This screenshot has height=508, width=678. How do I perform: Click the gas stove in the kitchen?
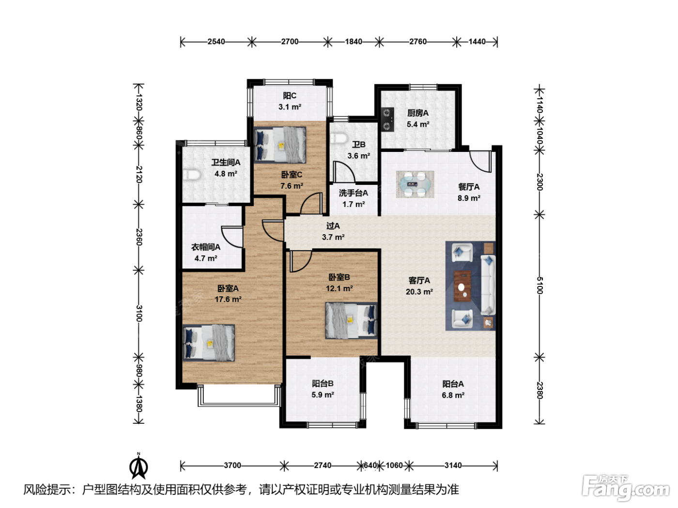387,120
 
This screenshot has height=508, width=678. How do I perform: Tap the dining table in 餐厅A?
415,184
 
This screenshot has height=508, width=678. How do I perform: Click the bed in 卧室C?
280,145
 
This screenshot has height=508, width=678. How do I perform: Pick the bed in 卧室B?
352,320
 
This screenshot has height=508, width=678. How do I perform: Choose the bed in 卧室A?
209,343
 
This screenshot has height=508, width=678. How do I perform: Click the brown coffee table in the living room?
462,286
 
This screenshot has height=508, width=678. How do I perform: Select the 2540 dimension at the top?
216,42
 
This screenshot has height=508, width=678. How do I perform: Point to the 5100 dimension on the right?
539,285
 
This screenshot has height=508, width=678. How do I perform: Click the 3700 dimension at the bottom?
232,465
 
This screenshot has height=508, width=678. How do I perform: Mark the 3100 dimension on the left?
139,314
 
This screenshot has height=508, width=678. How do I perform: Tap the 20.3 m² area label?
419,292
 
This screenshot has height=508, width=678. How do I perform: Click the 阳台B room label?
323,383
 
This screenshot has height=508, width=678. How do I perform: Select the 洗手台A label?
354,193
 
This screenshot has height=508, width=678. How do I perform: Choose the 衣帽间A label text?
206,247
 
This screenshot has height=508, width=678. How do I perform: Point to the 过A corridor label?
333,226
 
